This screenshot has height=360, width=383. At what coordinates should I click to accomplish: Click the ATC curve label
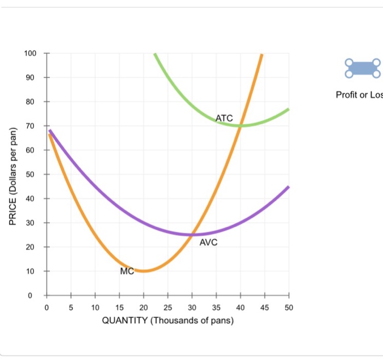tap(224, 118)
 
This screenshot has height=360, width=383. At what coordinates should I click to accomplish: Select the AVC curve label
tap(208, 242)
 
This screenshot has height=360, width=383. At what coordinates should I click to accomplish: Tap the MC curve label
tap(127, 271)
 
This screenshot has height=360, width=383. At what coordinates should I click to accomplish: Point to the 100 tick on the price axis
tap(30, 53)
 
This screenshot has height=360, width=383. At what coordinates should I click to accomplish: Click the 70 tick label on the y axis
tap(30, 126)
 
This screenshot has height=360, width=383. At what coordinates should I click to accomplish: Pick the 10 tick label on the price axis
tap(30, 271)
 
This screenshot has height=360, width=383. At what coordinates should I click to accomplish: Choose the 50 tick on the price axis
tap(30, 175)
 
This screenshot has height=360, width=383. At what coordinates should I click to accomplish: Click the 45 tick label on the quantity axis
tap(265, 307)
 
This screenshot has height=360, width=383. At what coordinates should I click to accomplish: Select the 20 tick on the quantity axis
tap(143, 307)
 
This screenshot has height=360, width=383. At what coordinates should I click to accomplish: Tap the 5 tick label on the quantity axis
tap(71, 307)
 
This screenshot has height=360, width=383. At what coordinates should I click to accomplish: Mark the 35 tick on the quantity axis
tap(216, 307)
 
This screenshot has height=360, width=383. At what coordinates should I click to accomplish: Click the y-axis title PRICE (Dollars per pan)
tap(13, 175)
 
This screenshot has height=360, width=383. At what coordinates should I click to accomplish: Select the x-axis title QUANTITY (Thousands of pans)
tap(168, 321)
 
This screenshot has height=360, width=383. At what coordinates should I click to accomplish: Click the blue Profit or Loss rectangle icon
tap(362, 68)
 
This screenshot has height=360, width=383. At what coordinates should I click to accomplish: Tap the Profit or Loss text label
tap(359, 95)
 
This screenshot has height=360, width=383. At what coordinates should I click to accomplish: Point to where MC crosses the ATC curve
tap(241, 125)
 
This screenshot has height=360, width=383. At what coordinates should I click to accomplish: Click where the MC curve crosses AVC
tap(192, 235)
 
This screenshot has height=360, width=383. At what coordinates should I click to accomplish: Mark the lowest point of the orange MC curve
tap(143, 271)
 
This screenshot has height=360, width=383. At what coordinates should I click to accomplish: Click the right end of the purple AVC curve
tap(288, 187)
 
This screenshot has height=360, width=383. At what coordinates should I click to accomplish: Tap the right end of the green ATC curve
tap(288, 109)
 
